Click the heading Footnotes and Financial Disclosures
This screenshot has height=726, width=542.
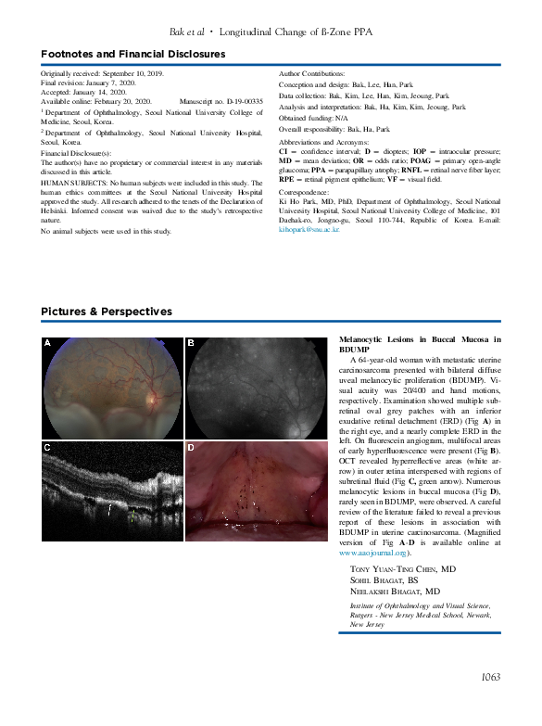[132, 54]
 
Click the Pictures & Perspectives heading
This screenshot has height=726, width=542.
[107, 311]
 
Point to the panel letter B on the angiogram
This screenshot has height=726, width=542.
[192, 344]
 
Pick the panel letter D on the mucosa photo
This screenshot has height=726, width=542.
[192, 448]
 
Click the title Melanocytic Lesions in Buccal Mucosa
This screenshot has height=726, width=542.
[420, 341]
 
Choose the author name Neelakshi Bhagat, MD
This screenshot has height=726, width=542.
[395, 592]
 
